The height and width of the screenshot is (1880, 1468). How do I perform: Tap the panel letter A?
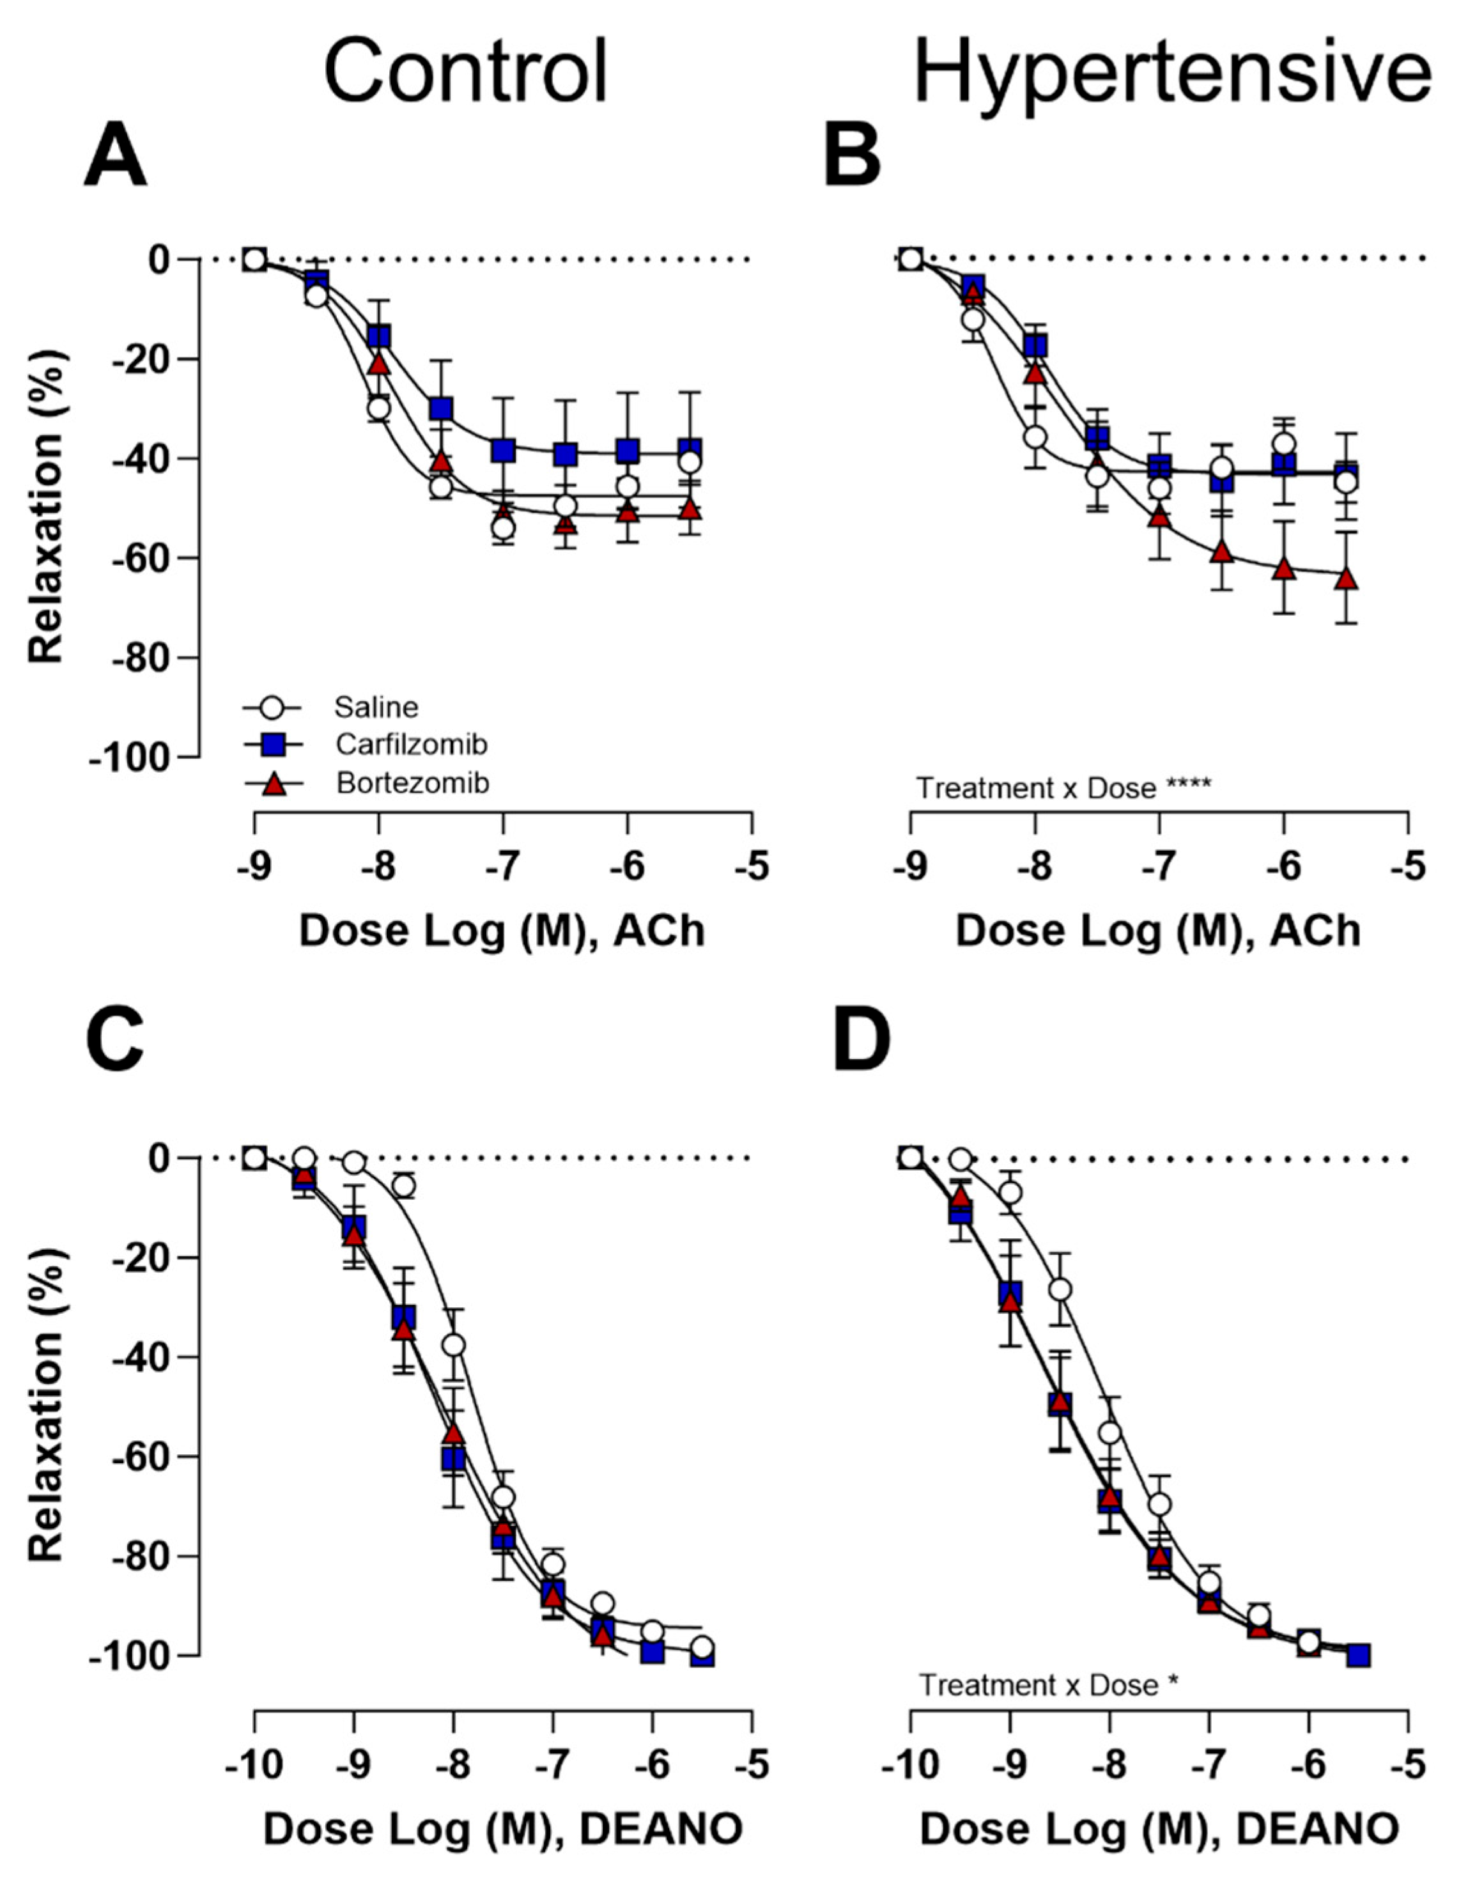coord(115,157)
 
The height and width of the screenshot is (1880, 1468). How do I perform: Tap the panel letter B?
coord(852,157)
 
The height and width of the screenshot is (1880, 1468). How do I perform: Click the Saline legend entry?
coord(376,708)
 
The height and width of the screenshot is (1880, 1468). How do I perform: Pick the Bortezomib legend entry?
coord(412,782)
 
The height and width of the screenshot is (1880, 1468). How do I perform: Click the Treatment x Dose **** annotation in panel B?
coord(1063,787)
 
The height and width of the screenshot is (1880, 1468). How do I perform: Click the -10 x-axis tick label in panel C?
coord(253,1766)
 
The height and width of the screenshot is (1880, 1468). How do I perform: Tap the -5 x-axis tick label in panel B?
coord(1407,867)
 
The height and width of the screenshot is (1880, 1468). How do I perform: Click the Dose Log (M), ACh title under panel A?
coord(502,931)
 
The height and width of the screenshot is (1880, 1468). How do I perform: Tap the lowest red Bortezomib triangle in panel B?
coord(1346,579)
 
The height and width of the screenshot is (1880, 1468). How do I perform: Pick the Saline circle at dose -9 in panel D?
coord(1011,1192)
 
